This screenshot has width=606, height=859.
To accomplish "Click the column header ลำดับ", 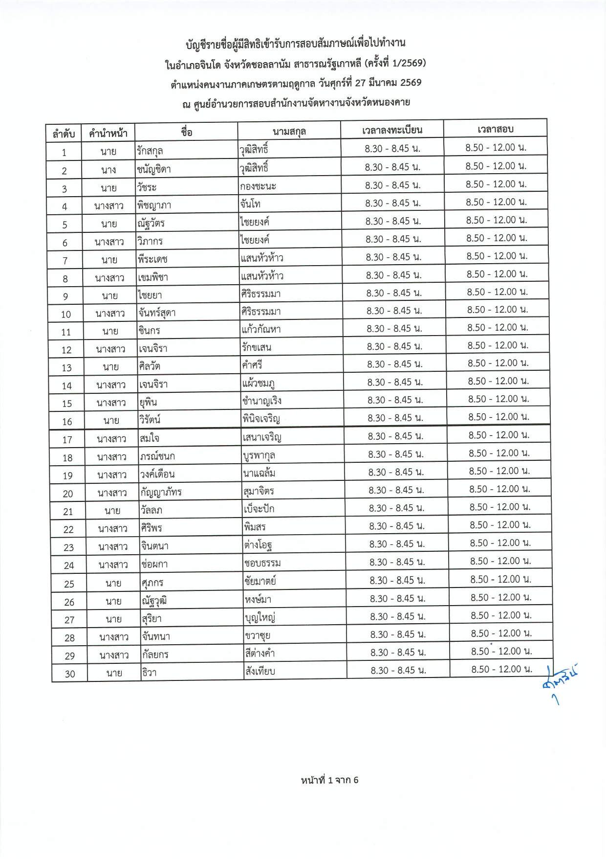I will click(64, 133).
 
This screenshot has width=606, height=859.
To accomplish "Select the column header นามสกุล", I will click(289, 131).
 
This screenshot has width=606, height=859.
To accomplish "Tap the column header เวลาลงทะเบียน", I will click(392, 130).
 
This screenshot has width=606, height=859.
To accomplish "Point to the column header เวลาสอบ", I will click(495, 129).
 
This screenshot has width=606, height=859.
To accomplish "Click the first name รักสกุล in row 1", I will click(150, 151).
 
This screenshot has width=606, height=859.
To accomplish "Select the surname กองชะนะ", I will click(258, 186).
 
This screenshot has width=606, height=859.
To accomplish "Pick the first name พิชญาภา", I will click(154, 205).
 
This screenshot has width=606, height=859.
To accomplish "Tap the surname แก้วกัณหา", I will click(261, 329).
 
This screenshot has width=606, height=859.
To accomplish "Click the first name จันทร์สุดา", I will click(157, 313).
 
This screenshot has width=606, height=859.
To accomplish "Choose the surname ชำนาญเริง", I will click(262, 401).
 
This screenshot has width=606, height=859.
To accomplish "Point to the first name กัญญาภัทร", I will click(161, 492).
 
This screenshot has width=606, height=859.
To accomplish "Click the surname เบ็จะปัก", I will click(259, 509).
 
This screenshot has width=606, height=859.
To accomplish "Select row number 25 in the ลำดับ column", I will click(69, 584).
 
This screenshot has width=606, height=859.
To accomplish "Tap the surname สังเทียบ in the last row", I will click(260, 671).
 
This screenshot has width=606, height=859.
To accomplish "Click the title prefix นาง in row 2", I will click(108, 170).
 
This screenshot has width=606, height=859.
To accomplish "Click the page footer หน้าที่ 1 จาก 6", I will click(329, 780).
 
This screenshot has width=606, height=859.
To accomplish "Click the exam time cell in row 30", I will click(501, 669).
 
